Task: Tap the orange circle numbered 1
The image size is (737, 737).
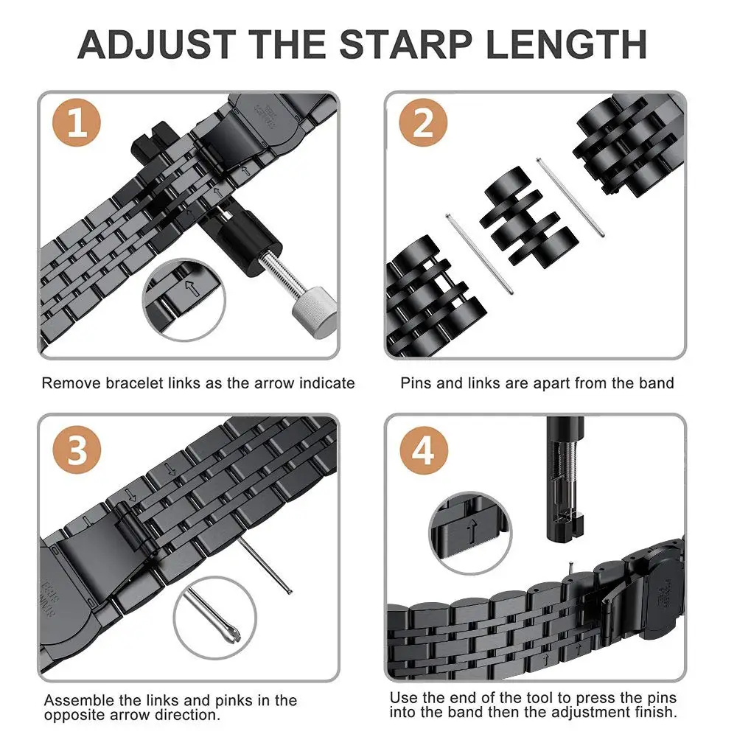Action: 77,124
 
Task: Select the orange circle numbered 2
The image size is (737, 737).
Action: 422,124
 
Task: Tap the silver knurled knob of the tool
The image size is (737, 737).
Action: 312,310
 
